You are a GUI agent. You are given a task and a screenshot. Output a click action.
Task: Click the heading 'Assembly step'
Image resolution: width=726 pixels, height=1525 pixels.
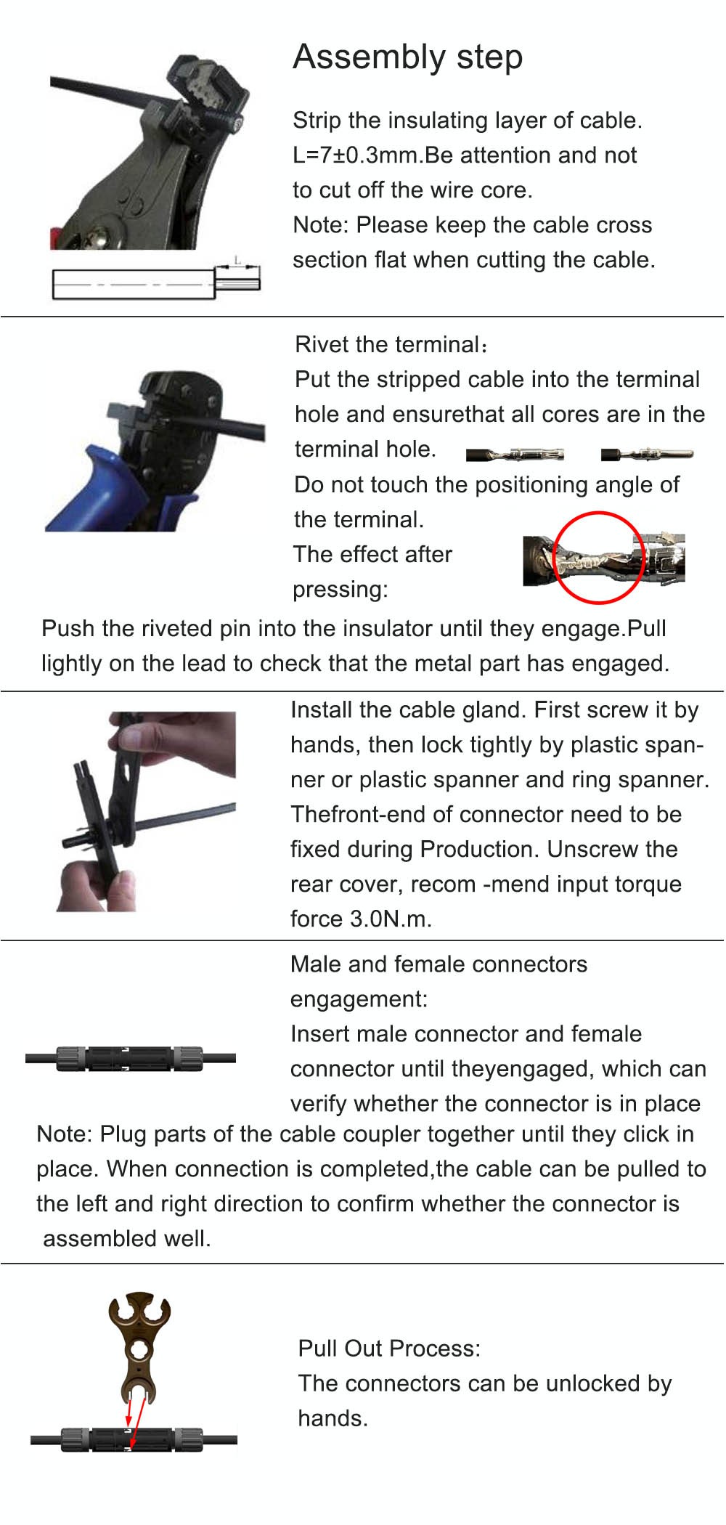[407, 57]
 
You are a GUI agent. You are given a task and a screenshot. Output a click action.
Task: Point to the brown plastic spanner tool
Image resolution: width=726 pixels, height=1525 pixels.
[139, 1343]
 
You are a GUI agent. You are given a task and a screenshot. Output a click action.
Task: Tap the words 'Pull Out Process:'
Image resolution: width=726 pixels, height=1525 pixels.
[389, 1349]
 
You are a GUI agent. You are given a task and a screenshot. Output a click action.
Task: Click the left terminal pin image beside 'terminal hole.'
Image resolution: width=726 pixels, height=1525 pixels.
[515, 455]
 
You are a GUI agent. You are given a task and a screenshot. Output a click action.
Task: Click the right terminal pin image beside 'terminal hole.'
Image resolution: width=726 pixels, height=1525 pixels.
[646, 455]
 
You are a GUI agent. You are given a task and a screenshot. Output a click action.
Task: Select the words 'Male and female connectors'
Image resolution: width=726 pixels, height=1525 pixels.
[439, 964]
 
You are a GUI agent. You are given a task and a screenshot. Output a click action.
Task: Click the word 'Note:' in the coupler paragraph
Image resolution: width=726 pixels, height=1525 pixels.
[64, 1134]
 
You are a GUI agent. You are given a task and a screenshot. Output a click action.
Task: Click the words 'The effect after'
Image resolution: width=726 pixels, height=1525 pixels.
[372, 554]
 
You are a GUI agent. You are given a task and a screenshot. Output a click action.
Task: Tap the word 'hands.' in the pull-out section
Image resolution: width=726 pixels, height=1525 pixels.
[333, 1418]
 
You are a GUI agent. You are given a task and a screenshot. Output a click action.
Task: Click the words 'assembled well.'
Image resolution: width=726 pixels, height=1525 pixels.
[127, 1238]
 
